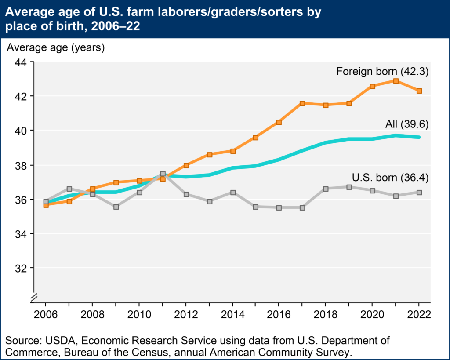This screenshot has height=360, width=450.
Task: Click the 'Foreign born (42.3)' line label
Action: tap(382, 71)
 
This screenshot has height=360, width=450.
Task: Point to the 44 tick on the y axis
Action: tap(22, 62)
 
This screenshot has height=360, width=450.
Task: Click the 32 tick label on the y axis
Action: tap(22, 268)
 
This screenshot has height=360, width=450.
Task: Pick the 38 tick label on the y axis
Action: tap(22, 165)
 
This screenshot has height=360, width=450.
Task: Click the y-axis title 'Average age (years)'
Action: tap(55, 47)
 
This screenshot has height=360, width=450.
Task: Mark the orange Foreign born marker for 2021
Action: tap(396, 81)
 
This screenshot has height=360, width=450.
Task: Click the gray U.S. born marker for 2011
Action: tap(163, 174)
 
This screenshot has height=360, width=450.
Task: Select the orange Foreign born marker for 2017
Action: tap(302, 103)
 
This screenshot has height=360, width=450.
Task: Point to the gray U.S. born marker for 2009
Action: tap(116, 207)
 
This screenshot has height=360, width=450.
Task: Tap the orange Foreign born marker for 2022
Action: tap(419, 91)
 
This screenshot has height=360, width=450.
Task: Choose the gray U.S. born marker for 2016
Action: tap(279, 207)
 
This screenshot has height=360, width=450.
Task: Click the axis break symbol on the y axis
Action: tap(34, 298)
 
